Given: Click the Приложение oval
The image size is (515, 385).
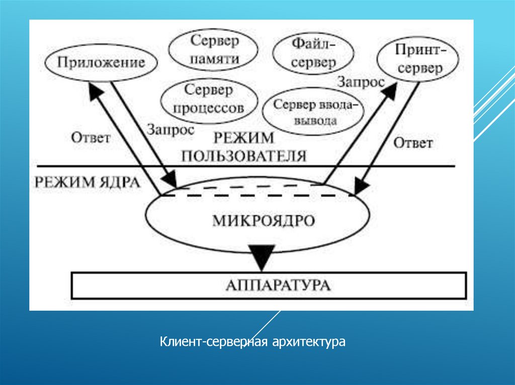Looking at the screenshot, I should pyautogui.click(x=101, y=63).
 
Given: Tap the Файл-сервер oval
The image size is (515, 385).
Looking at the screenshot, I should pyautogui.click(x=313, y=54).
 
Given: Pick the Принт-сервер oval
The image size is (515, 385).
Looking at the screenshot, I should pyautogui.click(x=418, y=59).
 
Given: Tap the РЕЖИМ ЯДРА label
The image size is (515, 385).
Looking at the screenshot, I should pyautogui.click(x=87, y=182).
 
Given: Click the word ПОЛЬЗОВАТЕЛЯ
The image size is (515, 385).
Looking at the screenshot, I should pyautogui.click(x=244, y=155).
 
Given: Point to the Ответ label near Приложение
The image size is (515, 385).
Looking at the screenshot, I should pyautogui.click(x=91, y=138).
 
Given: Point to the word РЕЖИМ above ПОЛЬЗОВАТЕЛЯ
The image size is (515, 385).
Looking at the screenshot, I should pyautogui.click(x=244, y=138).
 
